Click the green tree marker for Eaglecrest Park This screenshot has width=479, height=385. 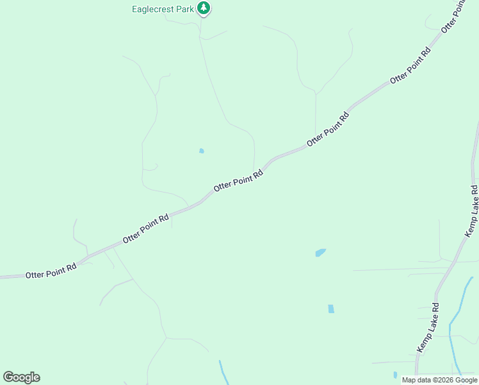204,8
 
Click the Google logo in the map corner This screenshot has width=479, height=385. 21,377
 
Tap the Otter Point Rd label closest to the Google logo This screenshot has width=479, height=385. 51,270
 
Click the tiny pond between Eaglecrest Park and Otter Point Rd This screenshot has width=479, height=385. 201,151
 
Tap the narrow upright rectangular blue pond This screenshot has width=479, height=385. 331,309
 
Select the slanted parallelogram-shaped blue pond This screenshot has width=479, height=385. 321,253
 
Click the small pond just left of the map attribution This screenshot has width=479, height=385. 395,375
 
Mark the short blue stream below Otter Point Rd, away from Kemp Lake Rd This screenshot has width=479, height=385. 223,371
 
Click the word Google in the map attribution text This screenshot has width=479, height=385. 466,380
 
